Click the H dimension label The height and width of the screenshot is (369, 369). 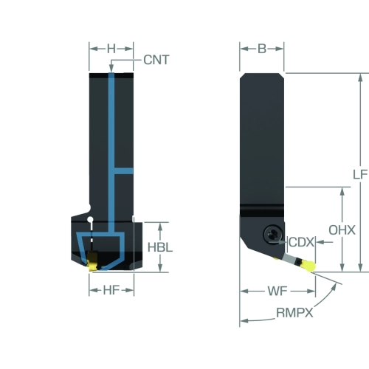click(x=111, y=49)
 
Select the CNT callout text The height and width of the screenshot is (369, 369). click(x=156, y=60)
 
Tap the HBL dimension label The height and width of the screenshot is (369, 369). click(x=160, y=247)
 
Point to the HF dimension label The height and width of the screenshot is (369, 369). click(x=111, y=290)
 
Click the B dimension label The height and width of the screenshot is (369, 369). click(x=262, y=49)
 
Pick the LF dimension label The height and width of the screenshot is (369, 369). click(x=360, y=174)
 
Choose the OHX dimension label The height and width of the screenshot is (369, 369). click(x=342, y=230)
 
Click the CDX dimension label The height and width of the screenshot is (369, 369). click(x=302, y=242)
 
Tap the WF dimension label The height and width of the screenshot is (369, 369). click(x=277, y=292)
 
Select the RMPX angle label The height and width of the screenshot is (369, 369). click(x=294, y=313)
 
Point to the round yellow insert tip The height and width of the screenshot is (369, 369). click(x=309, y=266)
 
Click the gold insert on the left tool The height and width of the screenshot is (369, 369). click(x=92, y=262)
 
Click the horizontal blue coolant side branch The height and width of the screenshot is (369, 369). click(x=124, y=171)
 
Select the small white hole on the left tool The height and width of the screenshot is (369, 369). click(x=91, y=219)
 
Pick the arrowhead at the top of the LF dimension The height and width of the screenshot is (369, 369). click(x=360, y=77)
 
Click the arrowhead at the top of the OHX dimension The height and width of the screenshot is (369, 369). click(x=342, y=191)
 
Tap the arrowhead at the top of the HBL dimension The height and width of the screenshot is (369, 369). click(x=160, y=227)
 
